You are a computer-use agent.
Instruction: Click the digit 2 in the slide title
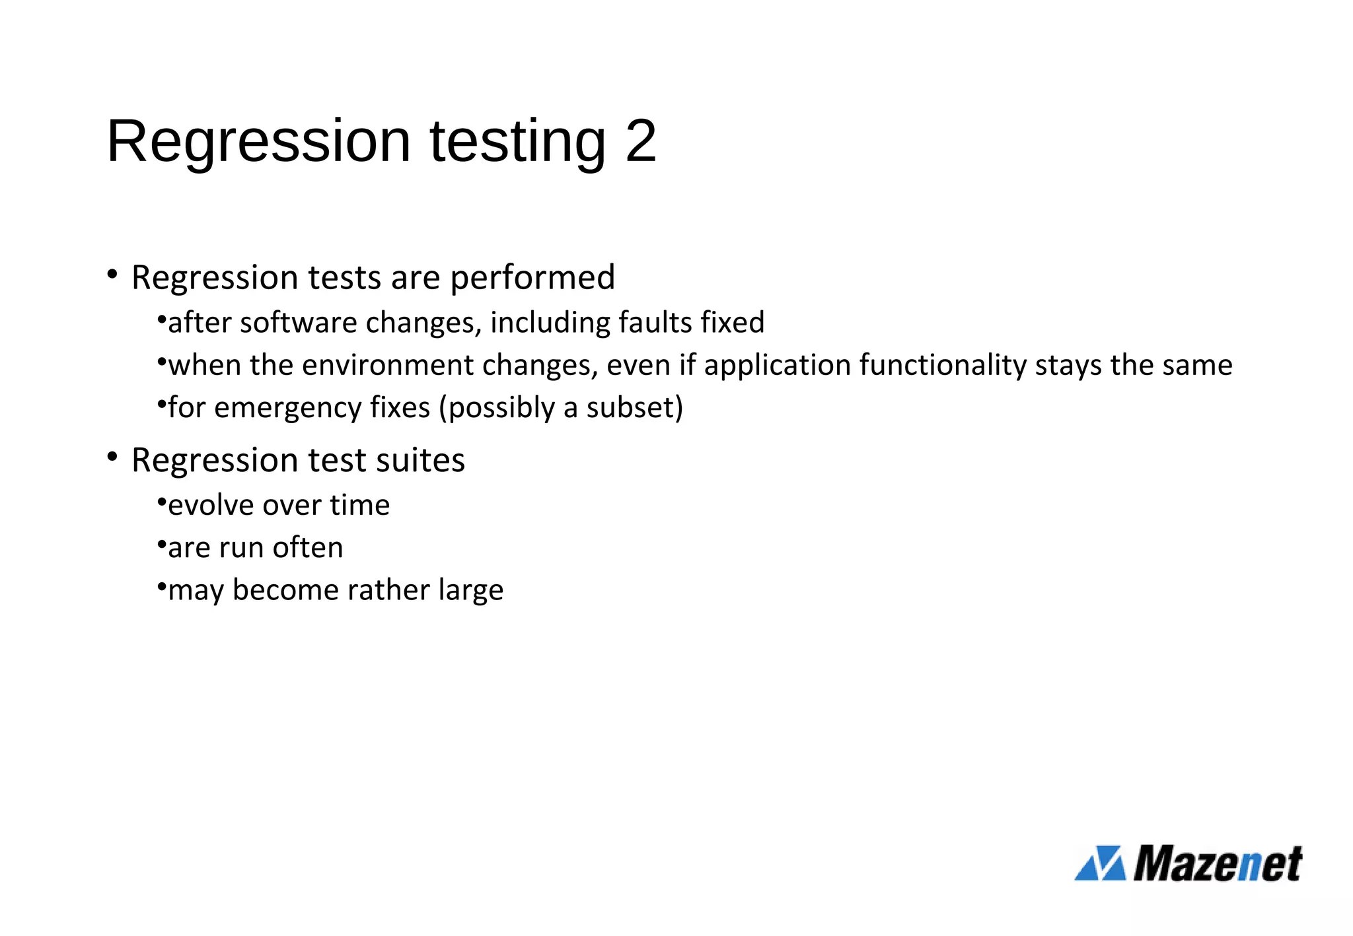[640, 141]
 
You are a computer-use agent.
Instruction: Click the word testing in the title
[517, 142]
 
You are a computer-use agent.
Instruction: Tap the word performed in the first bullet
[532, 278]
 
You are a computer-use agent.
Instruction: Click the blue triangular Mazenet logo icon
[1099, 863]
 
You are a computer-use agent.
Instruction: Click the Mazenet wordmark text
[1218, 863]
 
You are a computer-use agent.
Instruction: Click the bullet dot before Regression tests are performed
[112, 273]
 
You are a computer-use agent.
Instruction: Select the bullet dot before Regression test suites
[112, 456]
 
